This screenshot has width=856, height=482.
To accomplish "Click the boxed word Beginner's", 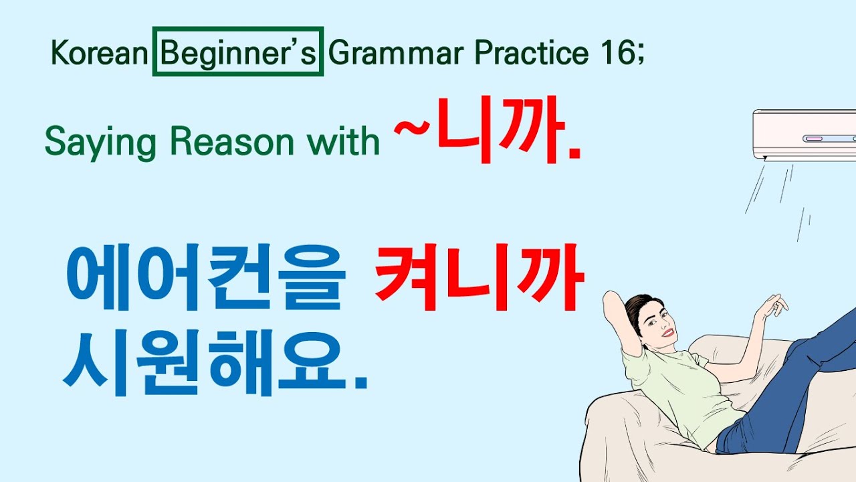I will [x=237, y=52].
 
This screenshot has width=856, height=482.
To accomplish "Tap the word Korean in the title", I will [x=98, y=54].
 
